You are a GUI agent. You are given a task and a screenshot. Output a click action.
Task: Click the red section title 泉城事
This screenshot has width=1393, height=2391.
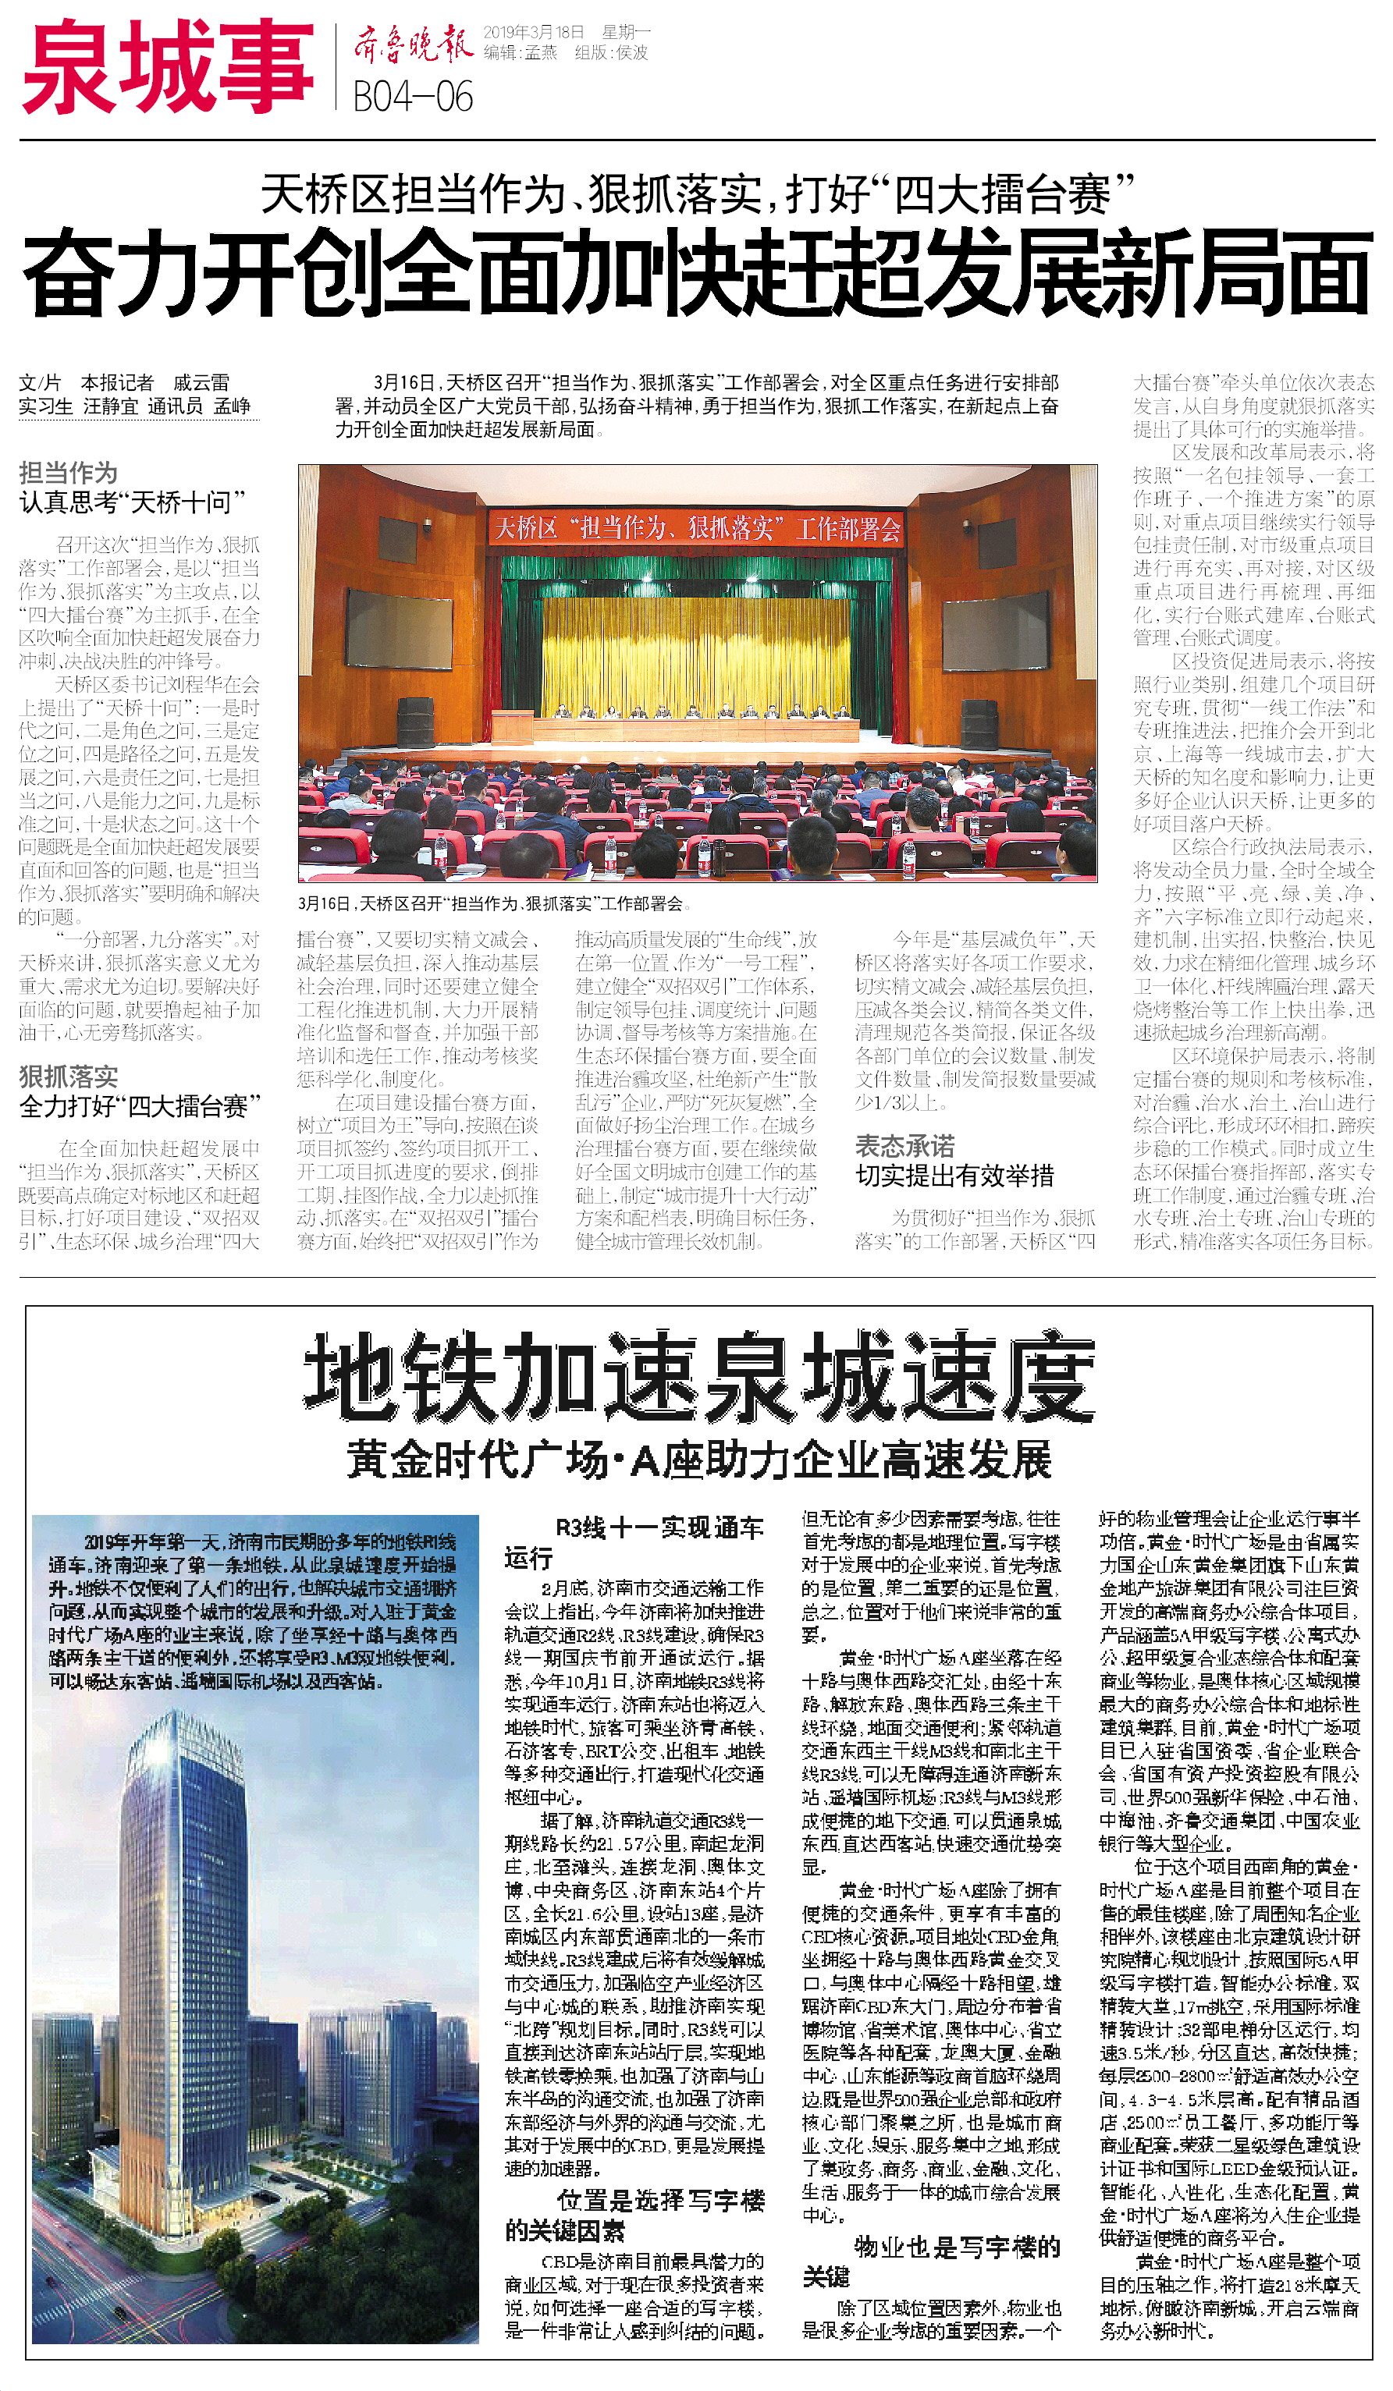tap(167, 67)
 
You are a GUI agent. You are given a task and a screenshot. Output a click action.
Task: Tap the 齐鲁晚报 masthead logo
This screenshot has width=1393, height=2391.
tap(412, 44)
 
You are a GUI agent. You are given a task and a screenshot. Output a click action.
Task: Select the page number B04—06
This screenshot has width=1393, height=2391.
tap(413, 97)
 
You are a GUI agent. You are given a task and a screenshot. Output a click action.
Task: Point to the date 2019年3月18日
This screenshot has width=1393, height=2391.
tap(533, 32)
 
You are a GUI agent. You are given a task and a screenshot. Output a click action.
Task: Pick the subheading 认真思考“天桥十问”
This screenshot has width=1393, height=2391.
tap(133, 502)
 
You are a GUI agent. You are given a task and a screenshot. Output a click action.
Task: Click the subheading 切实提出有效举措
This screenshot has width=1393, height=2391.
tap(954, 1176)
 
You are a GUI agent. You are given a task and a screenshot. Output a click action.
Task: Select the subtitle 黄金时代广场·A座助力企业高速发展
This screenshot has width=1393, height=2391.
tap(698, 1460)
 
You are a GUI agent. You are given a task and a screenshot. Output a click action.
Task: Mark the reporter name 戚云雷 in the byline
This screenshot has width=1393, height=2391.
tap(201, 382)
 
